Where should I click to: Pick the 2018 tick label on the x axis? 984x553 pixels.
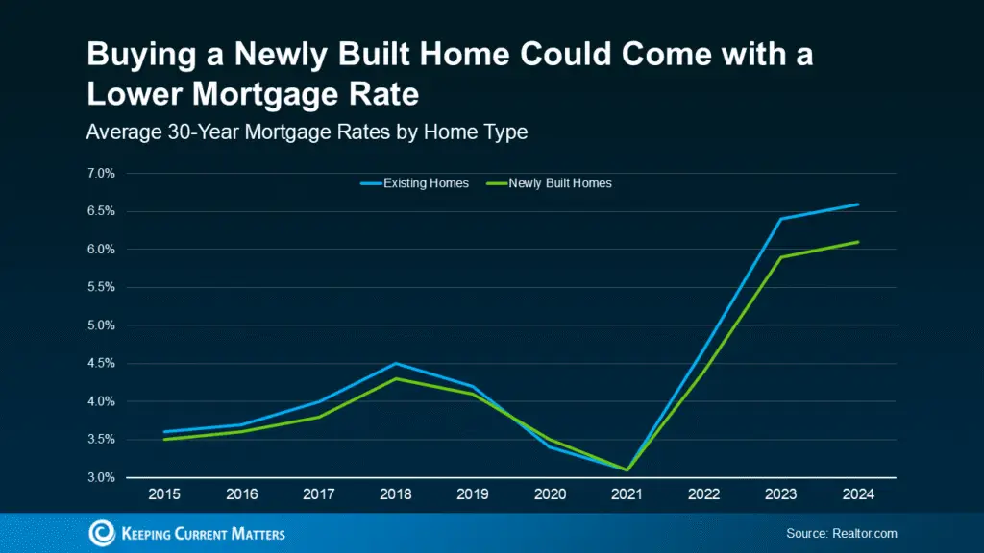coord(395,494)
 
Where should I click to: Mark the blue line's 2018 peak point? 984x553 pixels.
coord(395,363)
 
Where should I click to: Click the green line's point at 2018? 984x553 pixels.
coord(395,378)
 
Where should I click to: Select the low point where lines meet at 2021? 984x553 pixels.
coord(627,469)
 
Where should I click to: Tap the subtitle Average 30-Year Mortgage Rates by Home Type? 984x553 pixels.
coord(307,132)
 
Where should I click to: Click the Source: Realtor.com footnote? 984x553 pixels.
coord(841,533)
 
